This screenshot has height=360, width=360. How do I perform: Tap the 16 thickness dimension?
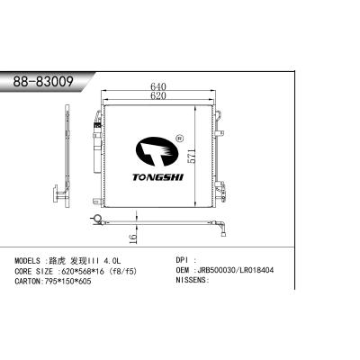tap(132, 238)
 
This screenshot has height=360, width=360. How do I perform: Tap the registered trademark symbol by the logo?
tap(181, 139)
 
